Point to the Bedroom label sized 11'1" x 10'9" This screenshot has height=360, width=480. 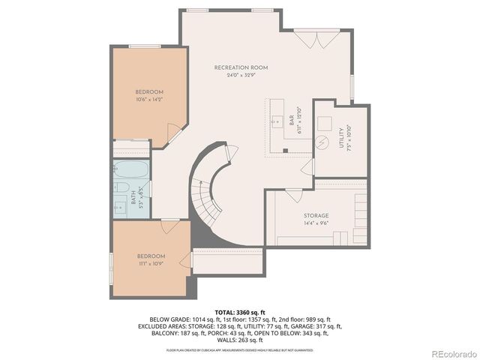(x=151, y=256)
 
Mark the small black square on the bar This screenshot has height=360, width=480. (x=286, y=150)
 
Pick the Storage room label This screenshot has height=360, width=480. (x=316, y=215)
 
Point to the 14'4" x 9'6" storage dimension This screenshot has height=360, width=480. (x=316, y=223)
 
